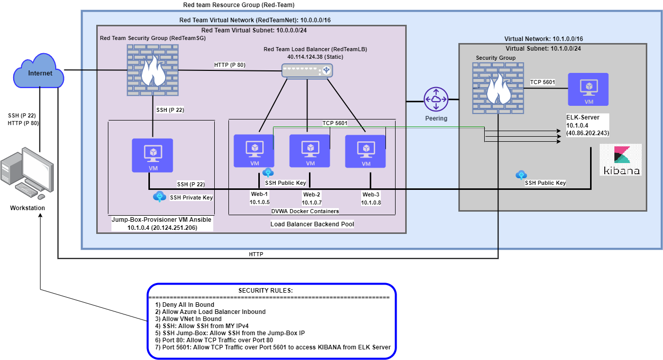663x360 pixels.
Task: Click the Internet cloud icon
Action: (40, 73)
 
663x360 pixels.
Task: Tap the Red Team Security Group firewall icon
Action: (152, 70)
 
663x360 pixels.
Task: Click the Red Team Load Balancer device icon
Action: (307, 71)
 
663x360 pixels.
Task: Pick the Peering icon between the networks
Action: (436, 100)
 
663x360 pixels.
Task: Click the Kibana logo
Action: (620, 159)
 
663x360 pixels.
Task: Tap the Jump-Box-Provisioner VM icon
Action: (152, 155)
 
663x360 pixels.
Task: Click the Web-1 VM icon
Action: (253, 151)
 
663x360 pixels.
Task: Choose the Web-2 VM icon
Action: (309, 151)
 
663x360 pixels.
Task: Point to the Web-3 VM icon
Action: (365, 151)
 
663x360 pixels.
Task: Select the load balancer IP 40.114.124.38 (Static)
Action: (315, 57)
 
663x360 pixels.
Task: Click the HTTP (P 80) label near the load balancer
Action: (229, 65)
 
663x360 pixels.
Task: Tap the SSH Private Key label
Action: (191, 197)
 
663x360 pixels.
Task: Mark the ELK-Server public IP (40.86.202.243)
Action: (588, 133)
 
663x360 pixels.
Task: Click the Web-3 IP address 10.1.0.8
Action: (371, 203)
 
